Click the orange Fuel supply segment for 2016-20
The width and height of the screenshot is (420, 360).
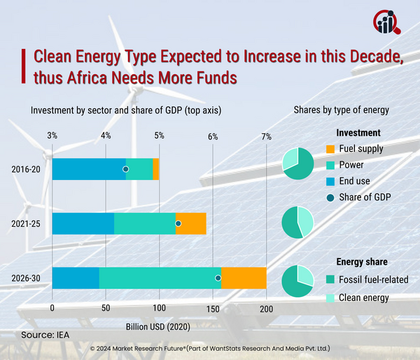pos(156,169)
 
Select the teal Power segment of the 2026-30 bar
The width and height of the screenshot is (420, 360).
pos(160,278)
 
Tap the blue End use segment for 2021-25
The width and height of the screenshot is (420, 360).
pos(83,223)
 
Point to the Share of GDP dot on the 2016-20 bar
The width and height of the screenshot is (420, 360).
pos(126,169)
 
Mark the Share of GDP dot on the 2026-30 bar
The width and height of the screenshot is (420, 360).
pos(218,278)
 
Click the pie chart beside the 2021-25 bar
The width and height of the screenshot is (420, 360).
pos(297,223)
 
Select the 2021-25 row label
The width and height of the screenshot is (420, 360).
pos(26,223)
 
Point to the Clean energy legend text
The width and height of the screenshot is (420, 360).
pos(363,298)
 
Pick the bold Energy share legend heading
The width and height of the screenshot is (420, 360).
pos(361,262)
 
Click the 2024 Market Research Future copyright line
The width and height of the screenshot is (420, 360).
pos(210,348)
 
